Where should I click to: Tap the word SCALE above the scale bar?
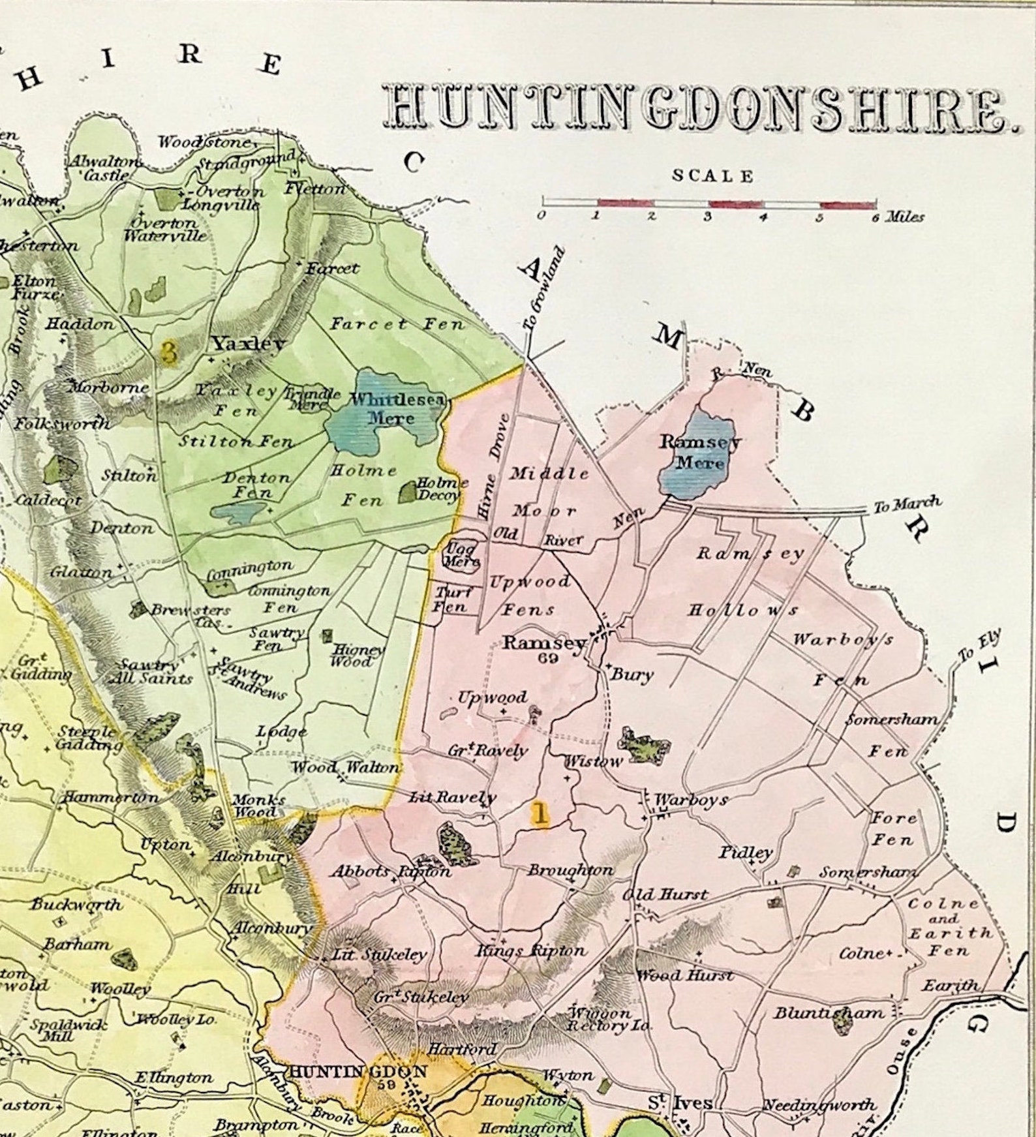[712, 176]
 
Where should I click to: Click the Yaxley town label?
[249, 344]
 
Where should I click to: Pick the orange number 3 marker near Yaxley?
[169, 352]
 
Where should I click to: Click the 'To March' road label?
[907, 504]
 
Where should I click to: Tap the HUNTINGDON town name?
[358, 1071]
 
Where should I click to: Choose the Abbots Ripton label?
[390, 872]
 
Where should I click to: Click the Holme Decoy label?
[442, 488]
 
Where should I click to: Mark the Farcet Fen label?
[397, 324]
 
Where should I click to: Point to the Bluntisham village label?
[829, 1013]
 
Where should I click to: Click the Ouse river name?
[902, 1051]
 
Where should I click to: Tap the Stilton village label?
[129, 476]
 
